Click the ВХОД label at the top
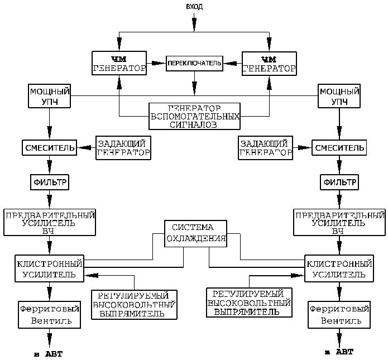coord(194,6)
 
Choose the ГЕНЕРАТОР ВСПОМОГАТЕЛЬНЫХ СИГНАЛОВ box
coord(194,116)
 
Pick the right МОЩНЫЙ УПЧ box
coord(338,97)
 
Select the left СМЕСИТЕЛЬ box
coord(49,148)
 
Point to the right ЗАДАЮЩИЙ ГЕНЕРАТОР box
coord(265,147)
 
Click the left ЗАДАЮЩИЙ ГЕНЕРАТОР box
coord(123,147)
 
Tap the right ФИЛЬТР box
coord(338,182)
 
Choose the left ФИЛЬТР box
coord(49,182)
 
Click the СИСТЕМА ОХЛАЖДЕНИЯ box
coord(196,233)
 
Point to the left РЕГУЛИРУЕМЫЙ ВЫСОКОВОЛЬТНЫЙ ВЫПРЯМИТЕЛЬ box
coord(135,304)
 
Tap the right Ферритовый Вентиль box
coord(338,315)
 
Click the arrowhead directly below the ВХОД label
coord(194,23)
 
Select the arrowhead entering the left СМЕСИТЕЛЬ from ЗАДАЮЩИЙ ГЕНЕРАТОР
coord(84,148)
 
